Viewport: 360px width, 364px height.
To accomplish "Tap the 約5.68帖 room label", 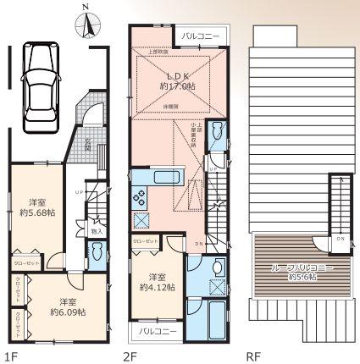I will pos(37,207).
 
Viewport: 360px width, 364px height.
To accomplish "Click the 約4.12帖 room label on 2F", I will pos(158,282).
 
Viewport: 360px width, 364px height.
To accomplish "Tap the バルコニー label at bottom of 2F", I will pos(153,331).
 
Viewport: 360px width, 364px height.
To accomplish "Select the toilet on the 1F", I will pos(97,251).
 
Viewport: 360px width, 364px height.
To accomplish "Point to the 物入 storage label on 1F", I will pos(97,230).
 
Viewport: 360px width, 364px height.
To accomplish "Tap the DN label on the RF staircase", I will pos(340,239).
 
